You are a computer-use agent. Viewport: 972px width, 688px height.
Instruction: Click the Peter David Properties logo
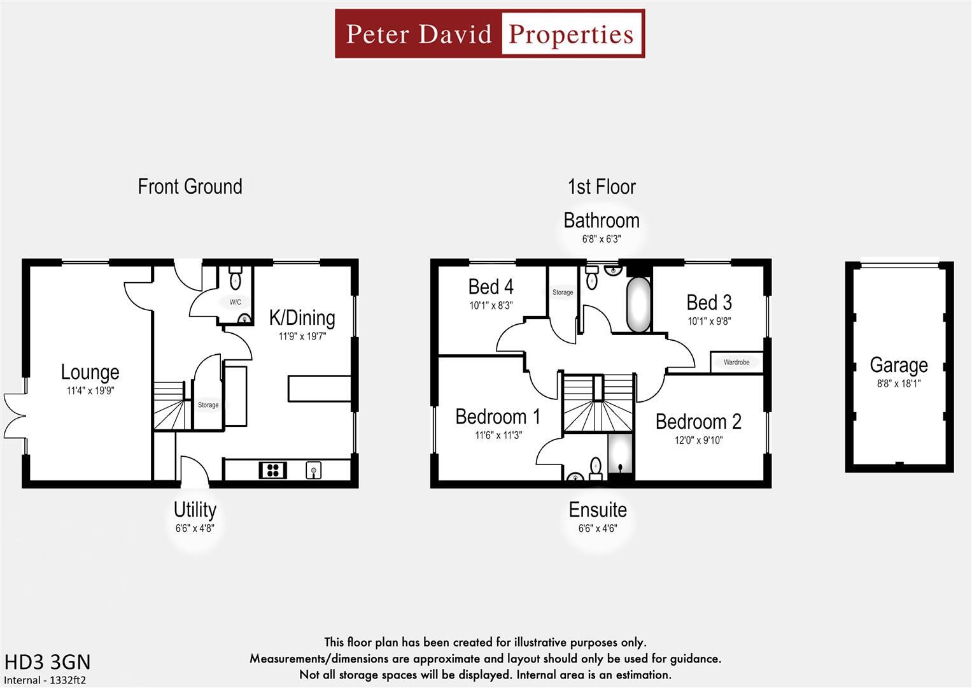pos(490,34)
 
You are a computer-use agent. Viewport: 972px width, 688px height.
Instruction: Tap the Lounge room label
pos(90,372)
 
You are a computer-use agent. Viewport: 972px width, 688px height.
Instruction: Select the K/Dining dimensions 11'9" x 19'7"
pos(302,336)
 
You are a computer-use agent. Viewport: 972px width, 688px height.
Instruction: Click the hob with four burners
pos(273,471)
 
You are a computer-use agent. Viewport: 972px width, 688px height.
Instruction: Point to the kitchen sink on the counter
pos(313,471)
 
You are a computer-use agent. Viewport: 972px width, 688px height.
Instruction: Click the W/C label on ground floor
pos(235,302)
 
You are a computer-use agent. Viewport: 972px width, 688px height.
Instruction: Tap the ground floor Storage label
pos(208,405)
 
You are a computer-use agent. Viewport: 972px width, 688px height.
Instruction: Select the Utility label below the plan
pos(195,510)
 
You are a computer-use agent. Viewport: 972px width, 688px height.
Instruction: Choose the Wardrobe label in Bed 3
pos(736,362)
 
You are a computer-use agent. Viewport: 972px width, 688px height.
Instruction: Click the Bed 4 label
pos(491,287)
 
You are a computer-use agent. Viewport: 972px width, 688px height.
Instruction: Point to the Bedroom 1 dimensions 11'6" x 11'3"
pos(498,435)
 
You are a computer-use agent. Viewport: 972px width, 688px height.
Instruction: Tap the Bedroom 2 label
pos(698,422)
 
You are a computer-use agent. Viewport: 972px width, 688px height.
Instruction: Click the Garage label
pos(898,365)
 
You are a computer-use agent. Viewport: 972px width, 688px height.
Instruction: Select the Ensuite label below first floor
pos(597,510)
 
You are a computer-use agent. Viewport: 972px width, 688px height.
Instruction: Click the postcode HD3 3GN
pos(47,662)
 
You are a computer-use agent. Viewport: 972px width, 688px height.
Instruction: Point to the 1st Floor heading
pos(601,187)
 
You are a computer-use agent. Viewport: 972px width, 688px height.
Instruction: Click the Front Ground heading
pos(190,187)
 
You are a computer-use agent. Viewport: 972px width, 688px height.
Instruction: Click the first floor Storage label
pos(562,292)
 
